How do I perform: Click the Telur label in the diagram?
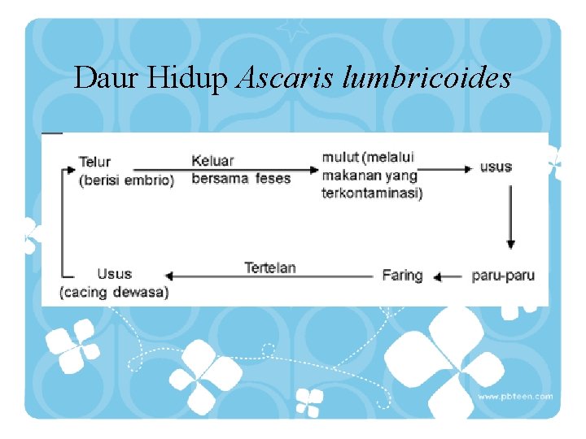[x=94, y=162]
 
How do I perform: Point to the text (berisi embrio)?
[x=126, y=180]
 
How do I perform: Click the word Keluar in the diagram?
[x=212, y=161]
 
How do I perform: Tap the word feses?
[x=273, y=178]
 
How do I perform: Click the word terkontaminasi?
[x=372, y=193]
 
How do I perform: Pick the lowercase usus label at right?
[x=496, y=167]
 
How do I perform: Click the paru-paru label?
[x=503, y=276]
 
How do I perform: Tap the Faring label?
[x=402, y=276]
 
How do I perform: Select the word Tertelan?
[x=270, y=267]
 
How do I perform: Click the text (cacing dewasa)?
[x=114, y=292]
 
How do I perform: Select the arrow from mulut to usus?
[x=448, y=169]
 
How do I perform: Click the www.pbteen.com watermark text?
[x=514, y=397]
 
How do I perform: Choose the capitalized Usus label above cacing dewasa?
[x=114, y=274]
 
